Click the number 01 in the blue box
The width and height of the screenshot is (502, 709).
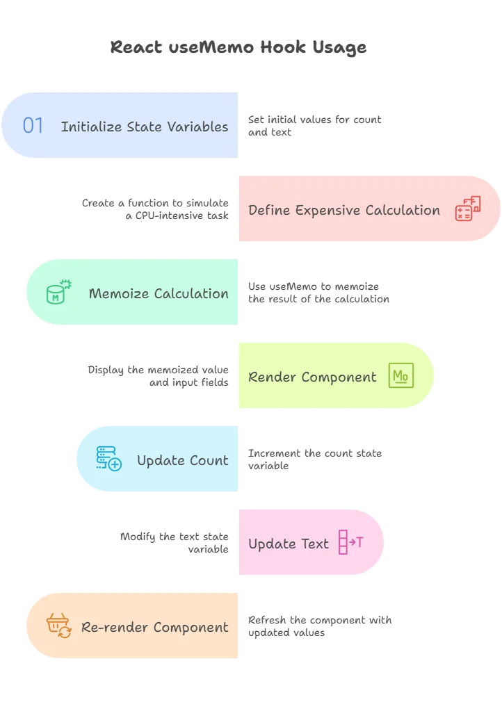[x=33, y=126]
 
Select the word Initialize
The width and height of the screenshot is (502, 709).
[x=92, y=127]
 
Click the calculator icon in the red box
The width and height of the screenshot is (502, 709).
[x=467, y=209]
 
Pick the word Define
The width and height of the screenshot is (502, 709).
[x=265, y=210]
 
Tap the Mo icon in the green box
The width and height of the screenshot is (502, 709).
[x=400, y=375]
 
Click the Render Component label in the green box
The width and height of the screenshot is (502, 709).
[x=312, y=377]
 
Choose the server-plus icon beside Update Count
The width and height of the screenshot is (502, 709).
[x=108, y=459]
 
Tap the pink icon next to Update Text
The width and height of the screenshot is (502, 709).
[x=350, y=542]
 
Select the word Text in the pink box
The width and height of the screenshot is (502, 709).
[x=315, y=544]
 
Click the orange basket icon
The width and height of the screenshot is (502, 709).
[x=58, y=626]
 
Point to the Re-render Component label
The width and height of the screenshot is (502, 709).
[x=154, y=627]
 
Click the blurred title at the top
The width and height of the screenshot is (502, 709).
[x=236, y=48]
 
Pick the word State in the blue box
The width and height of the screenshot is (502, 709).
[x=144, y=127]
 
